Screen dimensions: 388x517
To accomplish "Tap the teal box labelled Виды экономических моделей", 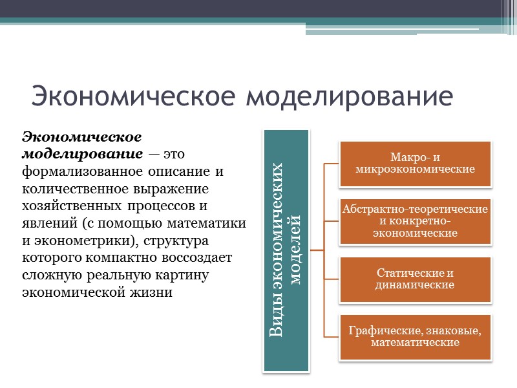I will [x=286, y=251].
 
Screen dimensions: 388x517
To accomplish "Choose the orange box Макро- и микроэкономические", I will [x=415, y=164].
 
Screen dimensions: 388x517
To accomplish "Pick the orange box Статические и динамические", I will [x=415, y=279].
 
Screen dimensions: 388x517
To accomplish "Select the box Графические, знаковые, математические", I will [x=415, y=336].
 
